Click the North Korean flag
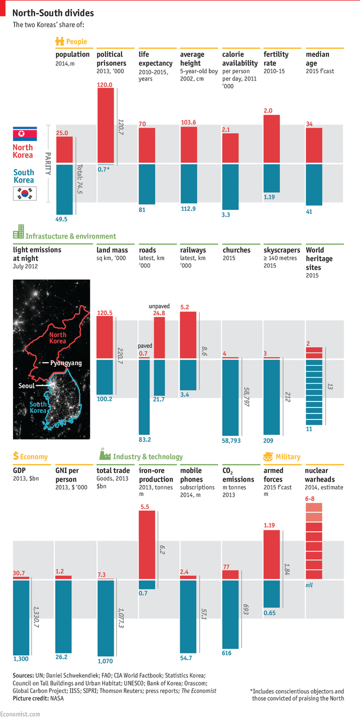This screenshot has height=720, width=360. [25, 134]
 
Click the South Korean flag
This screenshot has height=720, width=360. [25, 194]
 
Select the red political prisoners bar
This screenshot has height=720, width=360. [106, 125]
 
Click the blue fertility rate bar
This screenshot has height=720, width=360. [272, 178]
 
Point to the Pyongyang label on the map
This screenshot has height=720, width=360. [66, 363]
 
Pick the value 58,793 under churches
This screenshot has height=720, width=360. [231, 441]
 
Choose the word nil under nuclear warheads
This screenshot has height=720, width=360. [309, 586]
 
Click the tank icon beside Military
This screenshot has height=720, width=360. [268, 456]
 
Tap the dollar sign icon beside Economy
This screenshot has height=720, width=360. [16, 456]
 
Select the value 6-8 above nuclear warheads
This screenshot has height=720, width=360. [309, 498]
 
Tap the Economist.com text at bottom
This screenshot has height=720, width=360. [20, 714]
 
